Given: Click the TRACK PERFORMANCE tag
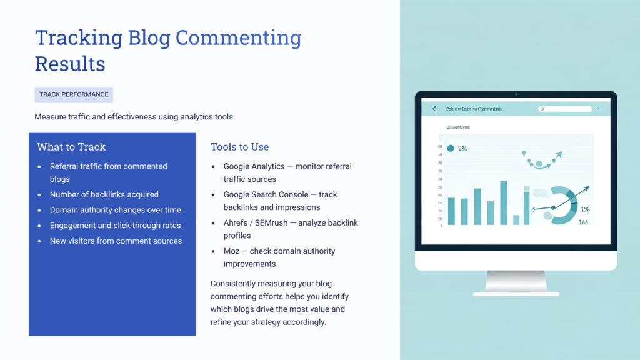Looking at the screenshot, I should (x=74, y=94).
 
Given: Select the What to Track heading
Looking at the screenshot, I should (x=71, y=147).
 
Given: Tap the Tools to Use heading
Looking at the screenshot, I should (x=239, y=147).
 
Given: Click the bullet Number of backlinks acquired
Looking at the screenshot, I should (x=104, y=194).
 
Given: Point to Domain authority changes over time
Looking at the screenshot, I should (x=116, y=210).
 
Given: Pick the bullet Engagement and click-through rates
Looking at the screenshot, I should (x=116, y=226).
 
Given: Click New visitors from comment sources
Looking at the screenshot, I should (x=116, y=241).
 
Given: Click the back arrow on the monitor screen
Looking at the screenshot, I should (x=434, y=109).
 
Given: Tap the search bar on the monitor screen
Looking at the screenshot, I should (x=565, y=109).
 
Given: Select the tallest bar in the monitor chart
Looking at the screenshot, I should (x=503, y=203).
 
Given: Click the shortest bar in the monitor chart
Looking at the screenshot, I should (x=516, y=220).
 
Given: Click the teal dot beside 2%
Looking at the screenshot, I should (x=450, y=149).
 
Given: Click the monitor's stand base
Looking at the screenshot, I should (x=516, y=293).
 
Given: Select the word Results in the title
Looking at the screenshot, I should (x=69, y=64).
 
